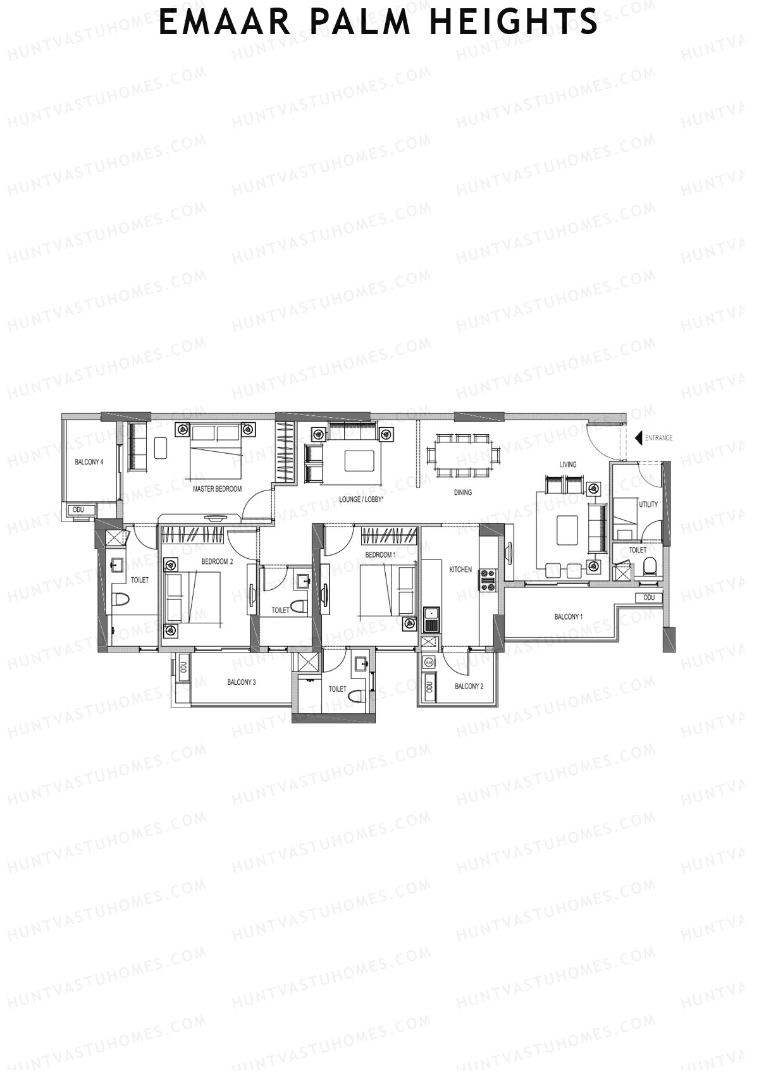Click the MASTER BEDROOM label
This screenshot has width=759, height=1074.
pyautogui.click(x=217, y=489)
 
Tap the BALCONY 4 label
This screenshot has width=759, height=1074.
pyautogui.click(x=89, y=462)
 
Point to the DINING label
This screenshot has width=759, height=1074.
pyautogui.click(x=463, y=492)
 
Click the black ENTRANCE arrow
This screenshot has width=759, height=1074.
pyautogui.click(x=638, y=438)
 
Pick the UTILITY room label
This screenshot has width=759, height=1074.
pyautogui.click(x=648, y=504)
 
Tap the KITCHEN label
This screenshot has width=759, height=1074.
pyautogui.click(x=460, y=570)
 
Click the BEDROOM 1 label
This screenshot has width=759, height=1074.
pyautogui.click(x=381, y=555)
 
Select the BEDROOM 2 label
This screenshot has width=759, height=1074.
pyautogui.click(x=217, y=561)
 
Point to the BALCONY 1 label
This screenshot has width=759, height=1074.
pyautogui.click(x=568, y=617)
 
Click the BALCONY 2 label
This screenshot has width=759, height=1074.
pyautogui.click(x=469, y=686)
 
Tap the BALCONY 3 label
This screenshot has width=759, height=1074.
pyautogui.click(x=242, y=682)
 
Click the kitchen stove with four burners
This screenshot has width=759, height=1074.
pyautogui.click(x=487, y=580)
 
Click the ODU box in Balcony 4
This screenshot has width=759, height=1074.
pyautogui.click(x=78, y=509)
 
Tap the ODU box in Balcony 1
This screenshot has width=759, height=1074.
pyautogui.click(x=649, y=598)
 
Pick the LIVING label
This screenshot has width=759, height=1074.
pyautogui.click(x=568, y=465)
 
